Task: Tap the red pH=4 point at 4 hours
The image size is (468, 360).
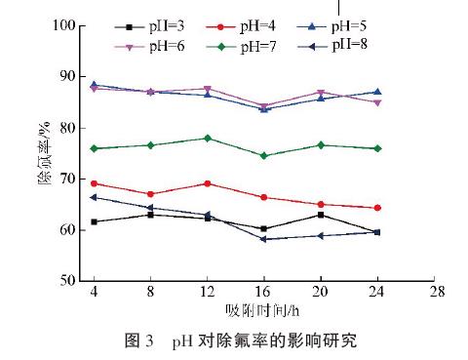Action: coord(94,183)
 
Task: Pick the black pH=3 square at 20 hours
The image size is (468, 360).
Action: coord(321,215)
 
